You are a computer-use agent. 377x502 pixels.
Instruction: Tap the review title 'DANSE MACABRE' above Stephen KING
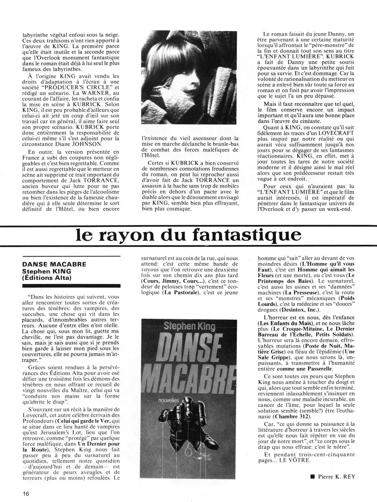point(54,264)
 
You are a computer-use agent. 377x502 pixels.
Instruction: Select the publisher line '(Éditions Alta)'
point(47,278)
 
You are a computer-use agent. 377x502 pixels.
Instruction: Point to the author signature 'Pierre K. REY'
point(336,477)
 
